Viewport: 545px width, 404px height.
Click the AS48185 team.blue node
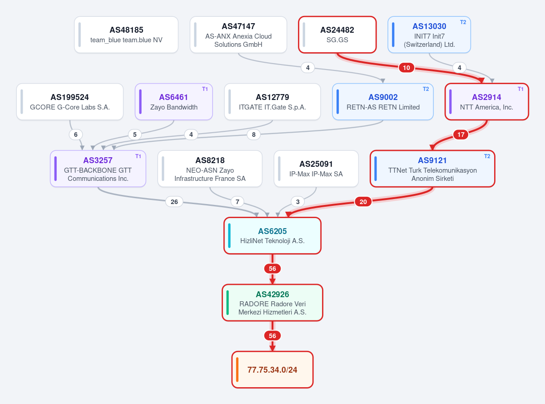coord(126,35)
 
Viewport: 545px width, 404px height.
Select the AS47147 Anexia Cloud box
coord(238,35)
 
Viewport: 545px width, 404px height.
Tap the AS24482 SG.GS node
coord(337,35)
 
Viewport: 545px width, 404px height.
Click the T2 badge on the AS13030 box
coord(463,22)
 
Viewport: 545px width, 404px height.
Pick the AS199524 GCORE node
coord(70,102)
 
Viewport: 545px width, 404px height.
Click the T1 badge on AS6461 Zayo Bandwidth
coord(205,89)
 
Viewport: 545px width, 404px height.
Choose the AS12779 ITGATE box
coord(272,102)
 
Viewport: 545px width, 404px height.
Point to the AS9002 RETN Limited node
coord(382,102)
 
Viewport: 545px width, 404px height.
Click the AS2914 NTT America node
coord(486,102)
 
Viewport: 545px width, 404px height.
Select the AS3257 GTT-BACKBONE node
coord(98,169)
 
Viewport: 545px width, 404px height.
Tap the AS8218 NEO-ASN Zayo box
coord(210,169)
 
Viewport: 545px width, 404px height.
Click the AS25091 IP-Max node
coord(316,169)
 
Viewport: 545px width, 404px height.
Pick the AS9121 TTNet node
coord(432,169)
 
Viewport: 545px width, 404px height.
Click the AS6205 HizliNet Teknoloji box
coord(272,235)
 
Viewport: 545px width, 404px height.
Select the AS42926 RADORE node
coord(272,303)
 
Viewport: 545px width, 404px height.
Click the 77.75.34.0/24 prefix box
coord(272,369)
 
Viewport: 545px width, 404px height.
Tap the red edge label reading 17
coord(461,135)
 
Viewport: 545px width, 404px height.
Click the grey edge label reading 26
coord(174,202)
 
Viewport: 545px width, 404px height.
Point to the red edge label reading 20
coord(363,202)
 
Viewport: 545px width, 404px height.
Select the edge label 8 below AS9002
coord(253,135)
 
